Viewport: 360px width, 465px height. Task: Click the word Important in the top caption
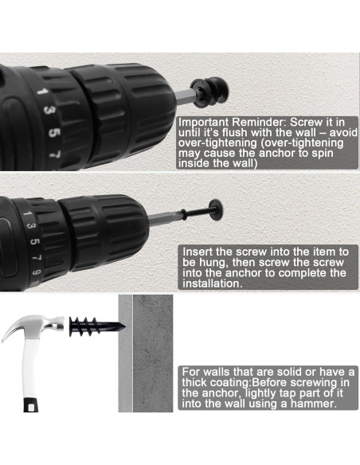point(204,122)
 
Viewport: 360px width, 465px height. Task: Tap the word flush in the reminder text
point(233,132)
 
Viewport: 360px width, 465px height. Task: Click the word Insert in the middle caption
point(198,252)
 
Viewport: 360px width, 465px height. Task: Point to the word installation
point(213,283)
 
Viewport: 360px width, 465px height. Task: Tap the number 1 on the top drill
point(42,91)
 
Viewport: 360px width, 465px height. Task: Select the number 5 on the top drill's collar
point(53,132)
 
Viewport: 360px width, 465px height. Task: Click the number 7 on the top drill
point(56,154)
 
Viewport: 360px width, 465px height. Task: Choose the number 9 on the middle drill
point(36,272)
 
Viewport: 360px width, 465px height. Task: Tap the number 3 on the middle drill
point(31,226)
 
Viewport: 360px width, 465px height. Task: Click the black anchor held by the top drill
point(209,92)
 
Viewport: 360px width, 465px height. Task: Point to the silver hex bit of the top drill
point(185,96)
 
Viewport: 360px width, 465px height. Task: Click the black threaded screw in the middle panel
point(196,213)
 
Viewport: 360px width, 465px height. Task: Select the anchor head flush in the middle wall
point(216,210)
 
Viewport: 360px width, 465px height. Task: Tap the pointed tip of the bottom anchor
point(123,327)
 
